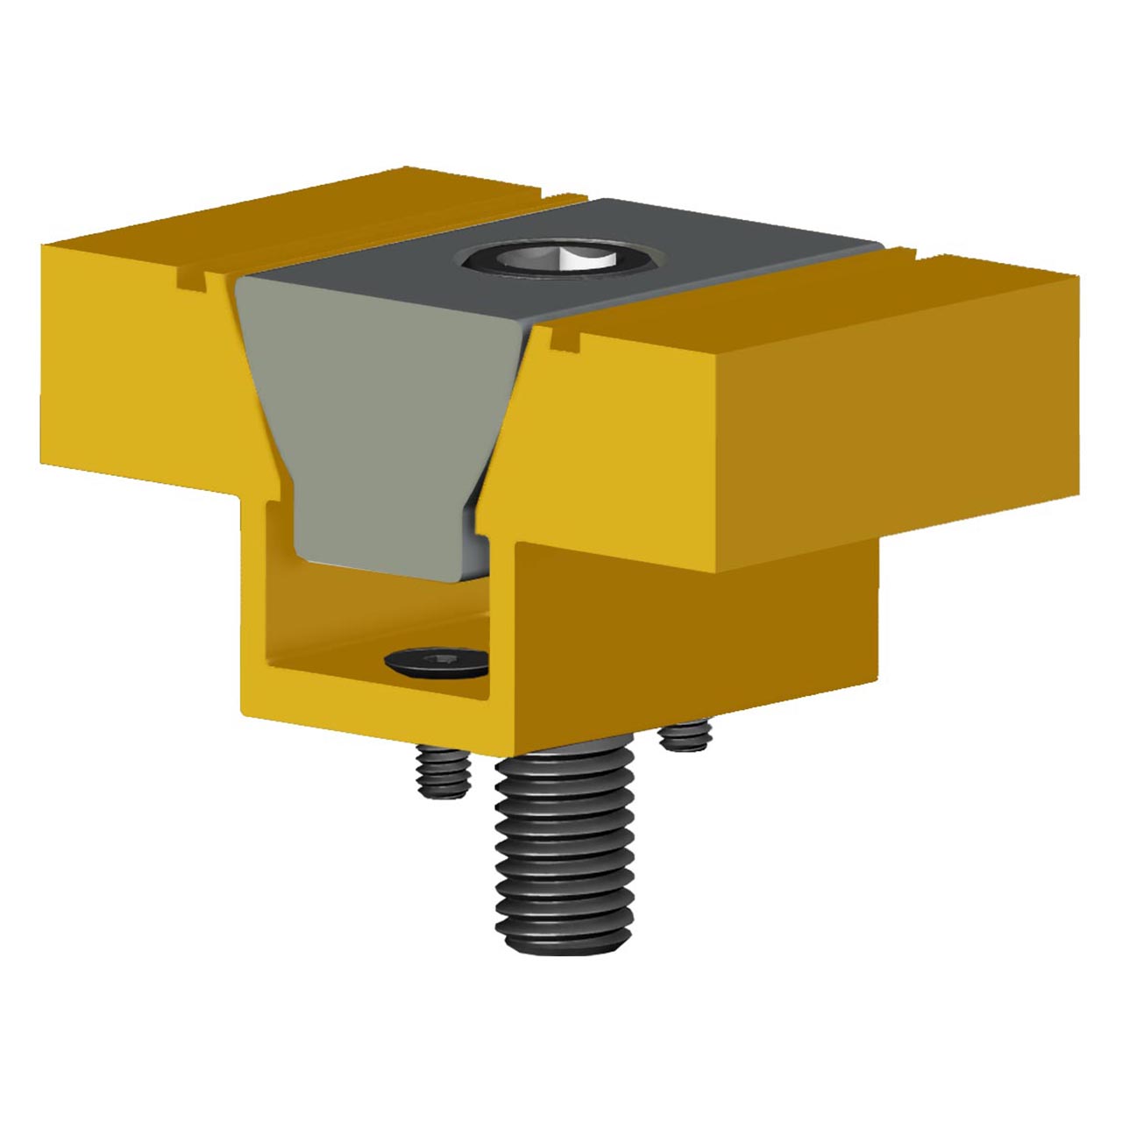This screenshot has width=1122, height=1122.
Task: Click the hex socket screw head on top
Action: pos(562,259)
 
